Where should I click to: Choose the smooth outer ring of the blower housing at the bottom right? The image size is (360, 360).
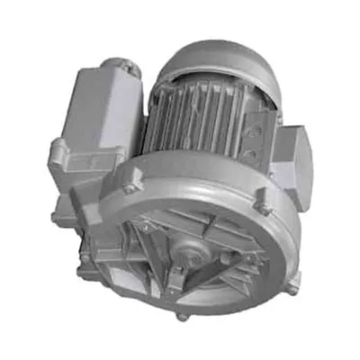point(270,288)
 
